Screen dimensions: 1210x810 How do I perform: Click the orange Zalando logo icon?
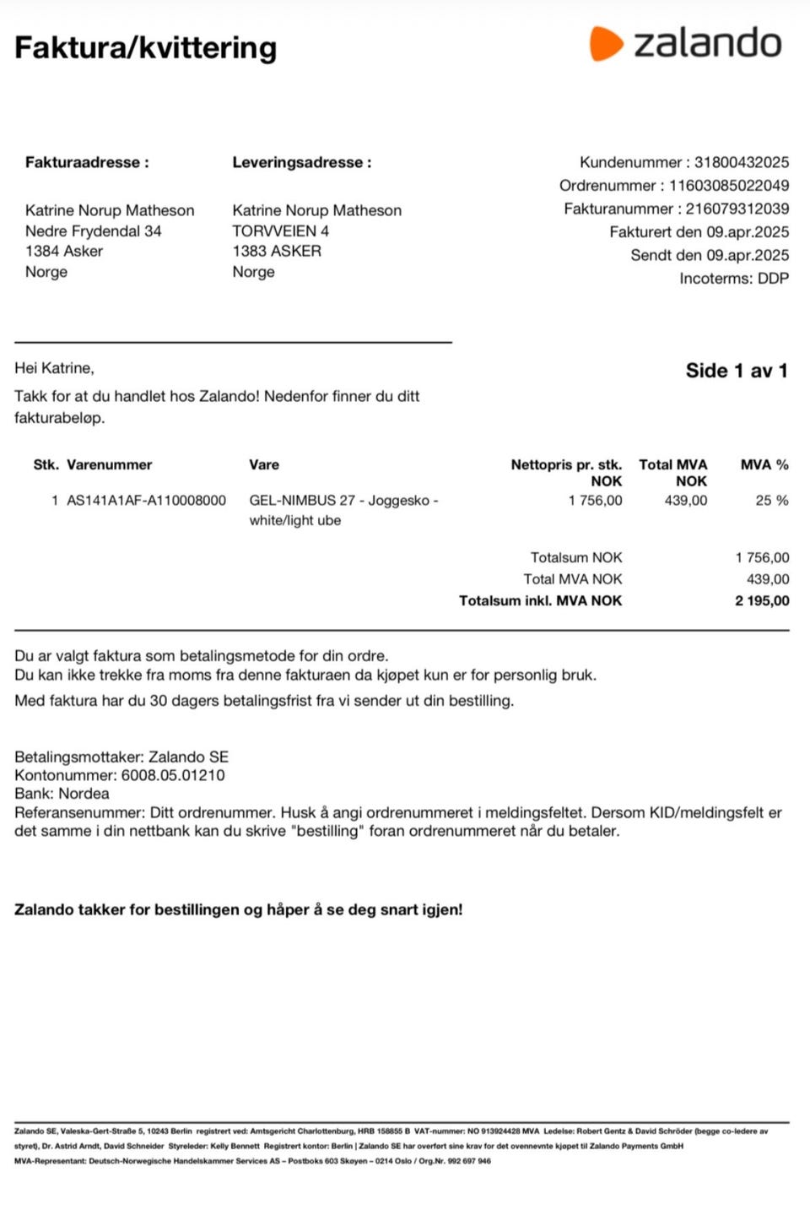click(x=605, y=44)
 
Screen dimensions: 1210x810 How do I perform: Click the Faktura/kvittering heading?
click(x=145, y=48)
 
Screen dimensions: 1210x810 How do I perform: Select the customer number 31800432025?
click(x=742, y=162)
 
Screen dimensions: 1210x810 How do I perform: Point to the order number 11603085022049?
click(x=729, y=186)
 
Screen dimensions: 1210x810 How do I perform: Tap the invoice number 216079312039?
click(x=737, y=209)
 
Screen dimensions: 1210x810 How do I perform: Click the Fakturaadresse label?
click(x=87, y=162)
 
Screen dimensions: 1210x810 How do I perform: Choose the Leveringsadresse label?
click(x=301, y=162)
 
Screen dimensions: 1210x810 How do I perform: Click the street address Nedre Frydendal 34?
click(x=93, y=231)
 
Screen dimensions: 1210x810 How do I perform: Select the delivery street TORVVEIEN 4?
click(x=280, y=231)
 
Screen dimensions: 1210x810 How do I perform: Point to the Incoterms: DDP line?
click(x=734, y=279)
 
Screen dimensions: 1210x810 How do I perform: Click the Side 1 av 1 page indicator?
click(x=736, y=371)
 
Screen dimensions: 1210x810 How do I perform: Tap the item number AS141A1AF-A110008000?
click(x=146, y=501)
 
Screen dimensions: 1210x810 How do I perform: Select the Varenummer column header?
click(x=110, y=464)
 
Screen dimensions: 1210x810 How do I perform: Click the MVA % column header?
click(x=764, y=464)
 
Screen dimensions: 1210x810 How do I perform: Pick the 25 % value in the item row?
click(x=771, y=501)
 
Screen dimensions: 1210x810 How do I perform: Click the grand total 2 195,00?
click(x=762, y=601)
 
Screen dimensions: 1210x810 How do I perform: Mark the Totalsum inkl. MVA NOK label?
click(x=540, y=601)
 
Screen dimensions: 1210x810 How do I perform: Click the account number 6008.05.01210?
click(x=173, y=775)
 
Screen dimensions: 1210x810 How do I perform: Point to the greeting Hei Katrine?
click(x=54, y=368)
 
